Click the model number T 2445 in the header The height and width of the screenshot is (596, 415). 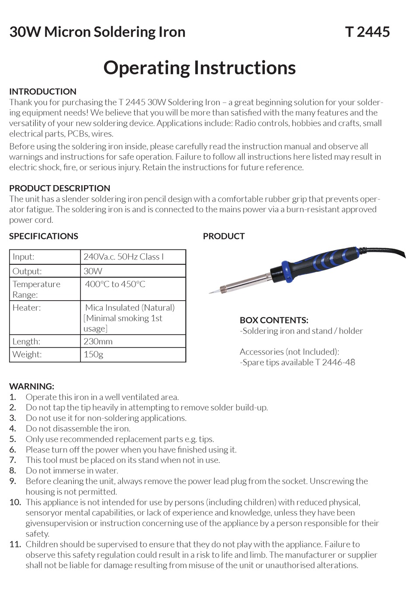[367, 32]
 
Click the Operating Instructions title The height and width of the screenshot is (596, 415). [200, 68]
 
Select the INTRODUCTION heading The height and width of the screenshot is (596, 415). [43, 91]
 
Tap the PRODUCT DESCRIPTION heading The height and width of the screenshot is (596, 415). [59, 188]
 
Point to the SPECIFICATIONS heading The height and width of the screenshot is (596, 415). [44, 236]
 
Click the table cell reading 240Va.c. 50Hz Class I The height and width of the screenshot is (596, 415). [124, 257]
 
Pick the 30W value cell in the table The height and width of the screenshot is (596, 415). [93, 271]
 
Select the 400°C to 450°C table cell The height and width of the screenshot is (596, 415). [115, 284]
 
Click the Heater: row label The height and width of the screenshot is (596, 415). [27, 308]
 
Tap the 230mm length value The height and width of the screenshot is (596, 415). [98, 341]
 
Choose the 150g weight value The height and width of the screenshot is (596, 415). [93, 354]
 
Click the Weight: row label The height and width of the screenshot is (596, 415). [27, 354]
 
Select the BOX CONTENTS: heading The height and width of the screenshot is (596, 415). [274, 320]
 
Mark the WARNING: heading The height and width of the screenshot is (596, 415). [32, 386]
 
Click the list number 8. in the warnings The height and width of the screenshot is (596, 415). [13, 471]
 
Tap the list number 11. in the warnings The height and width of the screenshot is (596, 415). [15, 544]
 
